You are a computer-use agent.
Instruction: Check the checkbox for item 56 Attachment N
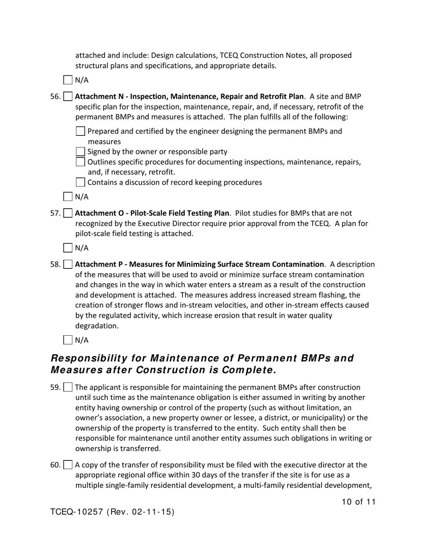68,96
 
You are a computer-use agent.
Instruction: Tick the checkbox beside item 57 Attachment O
68,213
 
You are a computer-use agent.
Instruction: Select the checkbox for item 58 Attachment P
68,264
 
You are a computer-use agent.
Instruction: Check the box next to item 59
68,387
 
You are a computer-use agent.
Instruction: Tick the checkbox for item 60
68,465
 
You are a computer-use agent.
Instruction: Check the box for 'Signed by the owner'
80,152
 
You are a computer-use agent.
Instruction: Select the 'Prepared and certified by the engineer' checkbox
80,131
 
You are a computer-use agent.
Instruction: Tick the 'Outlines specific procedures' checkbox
80,162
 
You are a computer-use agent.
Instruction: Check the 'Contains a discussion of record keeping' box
80,182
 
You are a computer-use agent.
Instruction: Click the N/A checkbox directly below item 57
68,248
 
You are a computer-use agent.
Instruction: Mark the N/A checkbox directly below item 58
68,340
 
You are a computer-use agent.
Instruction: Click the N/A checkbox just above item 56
68,80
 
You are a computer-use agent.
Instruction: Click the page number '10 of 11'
358,502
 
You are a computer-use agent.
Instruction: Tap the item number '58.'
56,264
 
